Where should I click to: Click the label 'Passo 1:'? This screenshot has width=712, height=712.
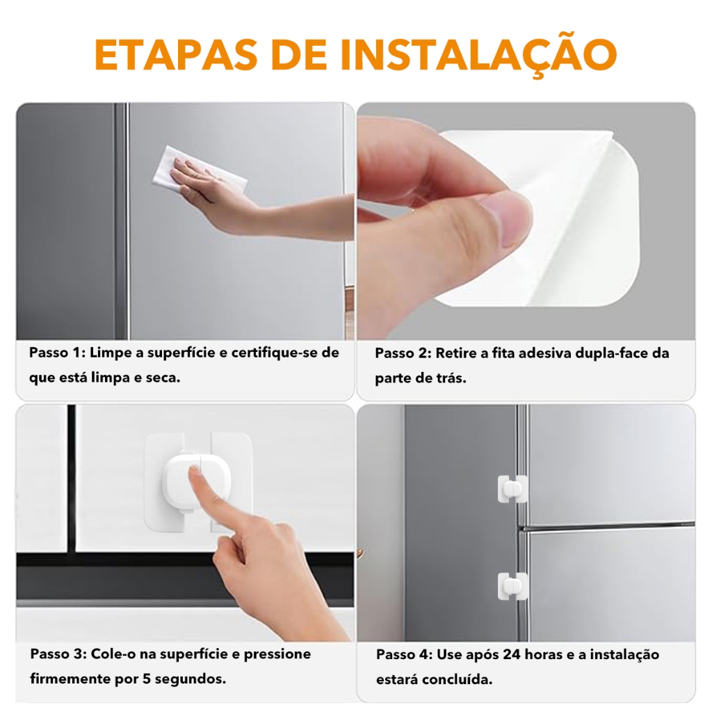(x=57, y=353)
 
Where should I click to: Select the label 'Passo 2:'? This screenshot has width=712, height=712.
(x=403, y=353)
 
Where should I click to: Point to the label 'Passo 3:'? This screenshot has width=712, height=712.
(x=58, y=654)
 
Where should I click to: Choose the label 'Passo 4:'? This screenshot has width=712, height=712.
(x=405, y=654)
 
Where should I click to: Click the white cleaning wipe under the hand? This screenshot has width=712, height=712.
(x=198, y=170)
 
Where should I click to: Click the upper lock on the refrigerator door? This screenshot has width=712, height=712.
(x=512, y=489)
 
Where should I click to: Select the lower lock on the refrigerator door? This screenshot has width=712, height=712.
(x=512, y=586)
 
